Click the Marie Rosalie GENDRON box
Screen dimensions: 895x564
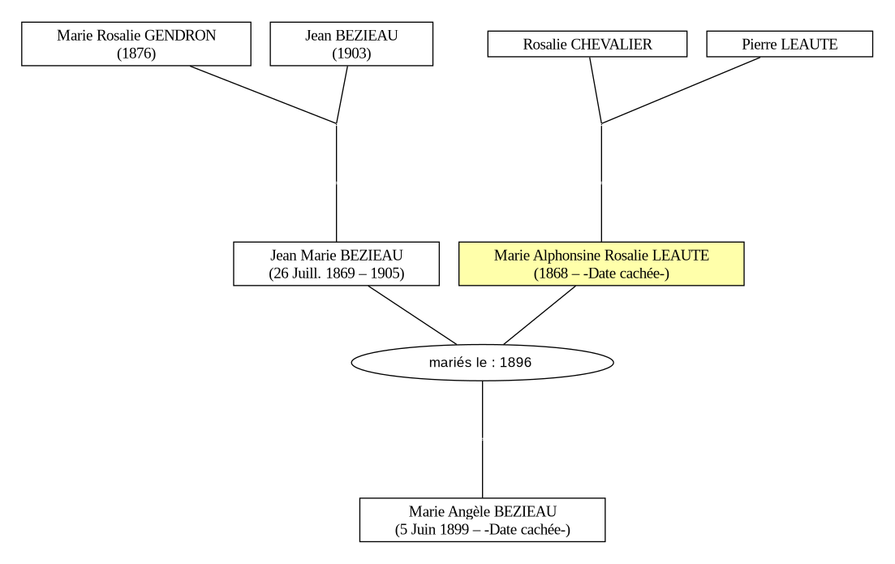136,44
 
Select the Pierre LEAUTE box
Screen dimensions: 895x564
790,44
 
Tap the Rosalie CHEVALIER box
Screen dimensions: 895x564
587,44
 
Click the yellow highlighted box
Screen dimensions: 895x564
601,264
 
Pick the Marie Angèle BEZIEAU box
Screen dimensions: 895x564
482,520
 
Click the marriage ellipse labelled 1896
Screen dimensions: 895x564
482,363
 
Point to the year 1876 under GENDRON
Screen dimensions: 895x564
136,54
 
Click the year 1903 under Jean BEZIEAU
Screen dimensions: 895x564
351,54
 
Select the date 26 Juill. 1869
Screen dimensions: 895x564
314,273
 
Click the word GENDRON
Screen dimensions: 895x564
180,36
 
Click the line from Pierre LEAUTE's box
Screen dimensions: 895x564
681,90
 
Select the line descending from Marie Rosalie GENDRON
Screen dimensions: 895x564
263,94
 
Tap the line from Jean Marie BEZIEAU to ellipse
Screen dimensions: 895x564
413,315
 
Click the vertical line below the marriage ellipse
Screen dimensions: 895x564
482,440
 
